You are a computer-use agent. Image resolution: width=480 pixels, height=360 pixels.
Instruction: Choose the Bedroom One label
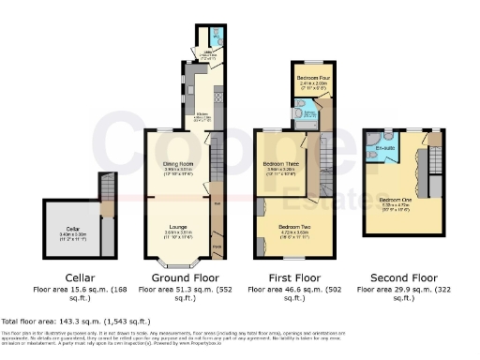[394, 199]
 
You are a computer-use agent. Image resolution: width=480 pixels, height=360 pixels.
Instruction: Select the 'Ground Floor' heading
[178, 277]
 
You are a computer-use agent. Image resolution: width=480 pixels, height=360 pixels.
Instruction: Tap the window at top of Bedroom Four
[308, 63]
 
